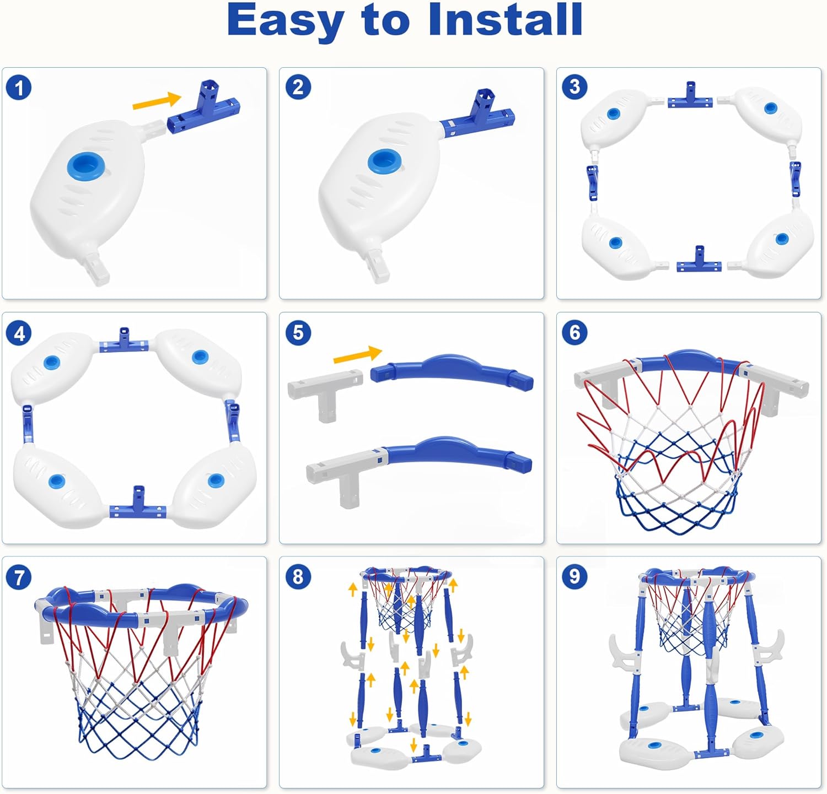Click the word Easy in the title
pyautogui.click(x=286, y=21)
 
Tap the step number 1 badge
pyautogui.click(x=19, y=88)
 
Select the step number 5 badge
pyautogui.click(x=298, y=333)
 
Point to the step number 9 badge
pyautogui.click(x=574, y=576)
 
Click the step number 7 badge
pyautogui.click(x=19, y=577)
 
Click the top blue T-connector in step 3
pyautogui.click(x=690, y=98)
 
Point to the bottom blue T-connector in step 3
pyautogui.click(x=699, y=262)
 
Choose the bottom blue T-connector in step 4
pyautogui.click(x=138, y=505)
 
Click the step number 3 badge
pyautogui.click(x=574, y=87)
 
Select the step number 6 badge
pyautogui.click(x=574, y=332)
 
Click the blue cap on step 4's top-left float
pyautogui.click(x=52, y=362)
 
